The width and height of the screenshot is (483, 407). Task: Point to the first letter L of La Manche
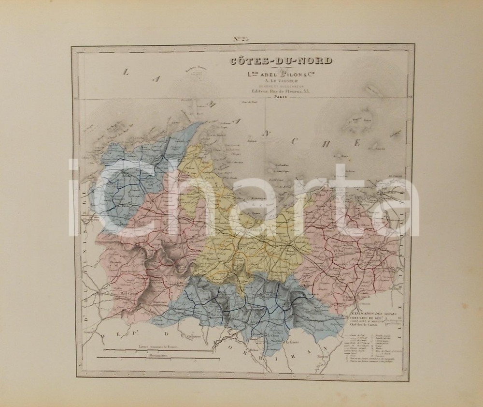click(x=126, y=73)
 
